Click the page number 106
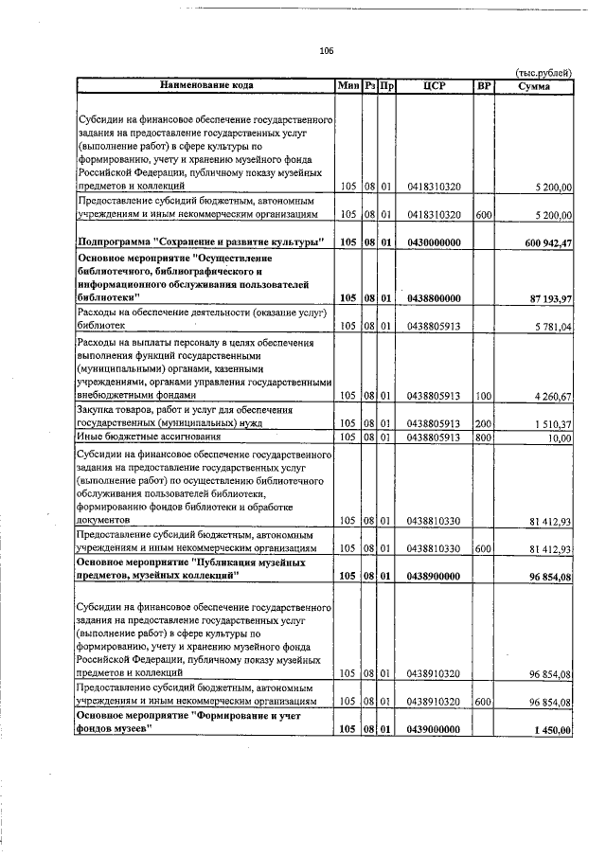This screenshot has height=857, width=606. tap(328, 51)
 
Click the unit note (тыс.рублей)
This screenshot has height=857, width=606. tap(543, 73)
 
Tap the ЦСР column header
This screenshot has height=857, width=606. tap(434, 86)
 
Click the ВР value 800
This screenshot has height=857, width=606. tap(483, 437)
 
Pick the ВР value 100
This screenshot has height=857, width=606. tap(483, 395)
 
